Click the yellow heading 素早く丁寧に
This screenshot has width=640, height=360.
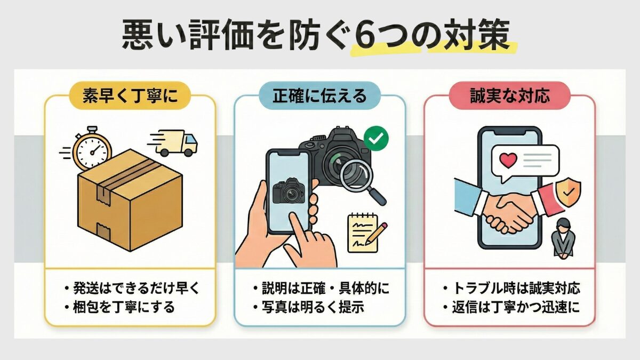tap(129, 96)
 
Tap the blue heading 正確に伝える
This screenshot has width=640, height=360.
tap(320, 96)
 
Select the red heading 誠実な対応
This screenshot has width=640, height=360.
tap(510, 96)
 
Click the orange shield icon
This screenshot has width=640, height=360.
tap(568, 190)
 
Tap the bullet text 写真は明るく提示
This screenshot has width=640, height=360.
tap(313, 308)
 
